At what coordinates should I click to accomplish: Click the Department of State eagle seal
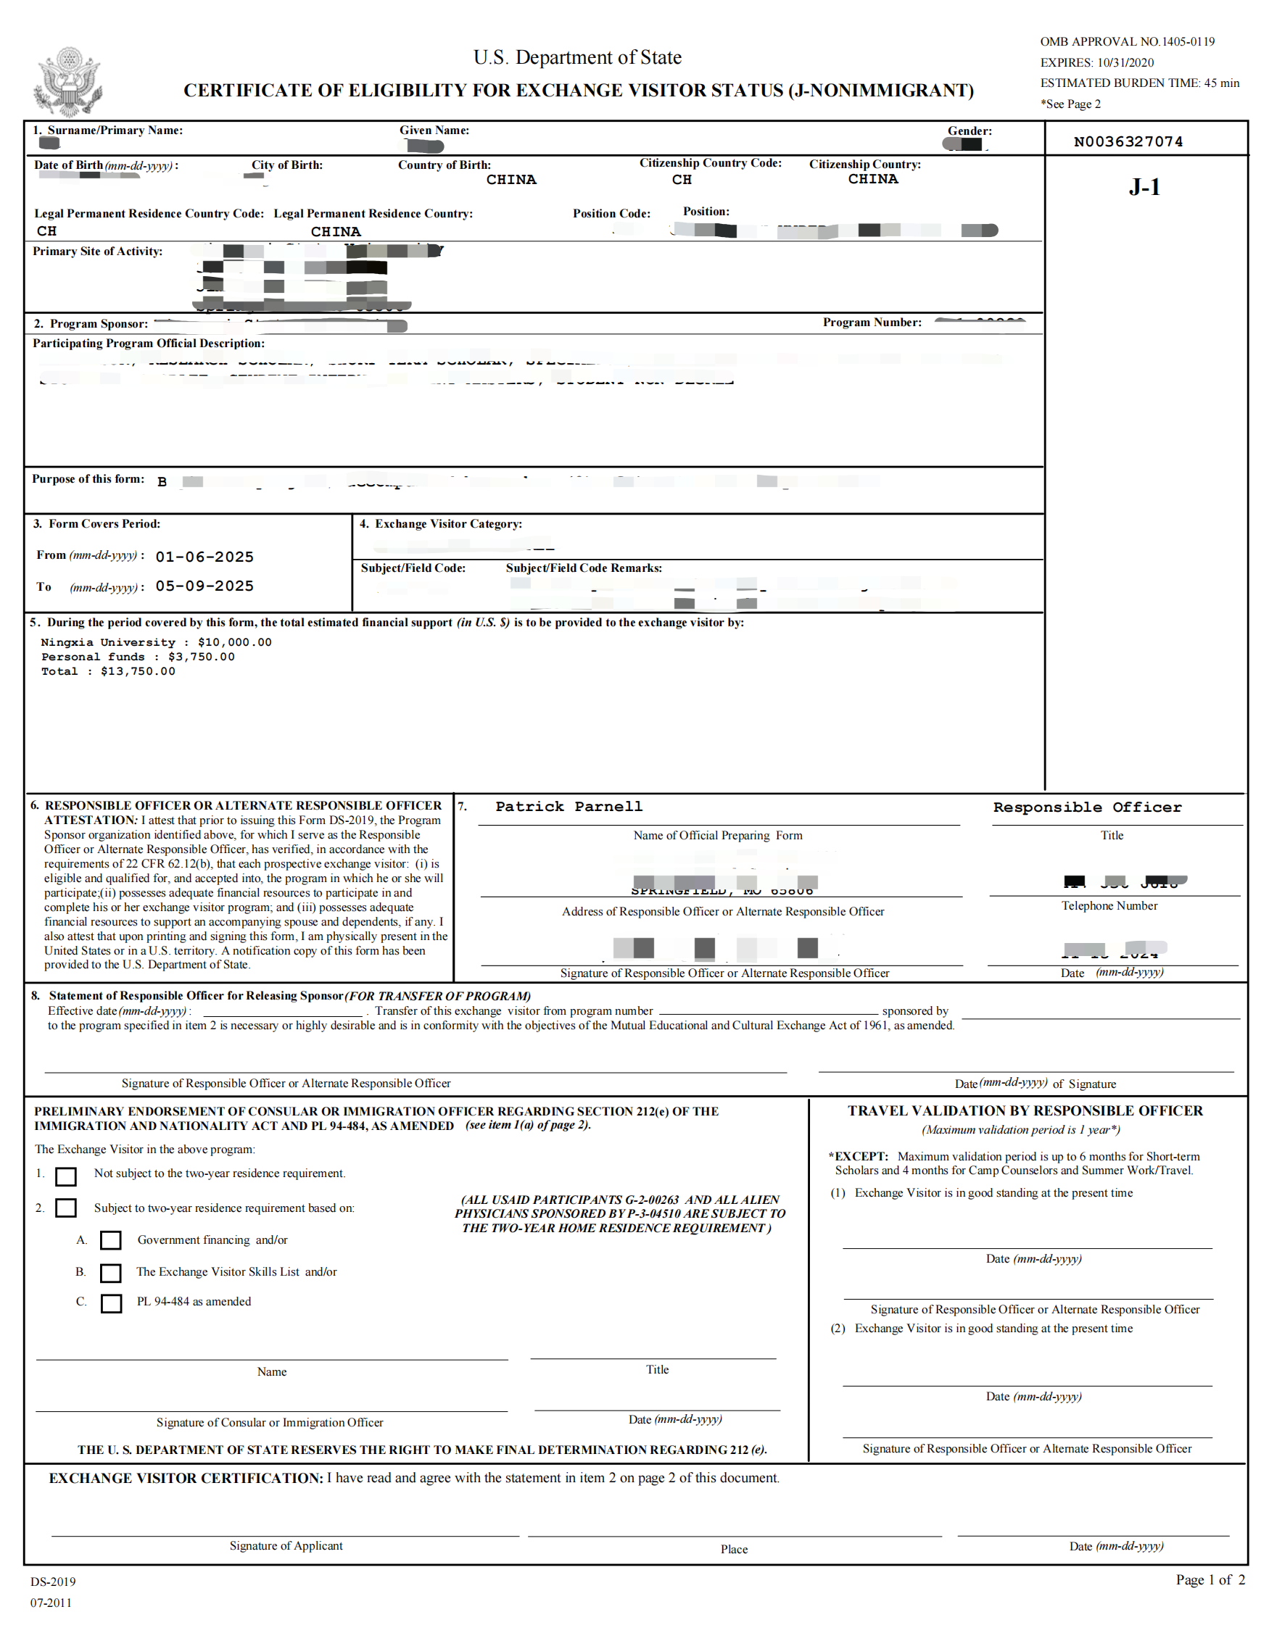67,82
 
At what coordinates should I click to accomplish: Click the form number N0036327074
1128,142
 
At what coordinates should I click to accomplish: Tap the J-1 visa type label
1144,187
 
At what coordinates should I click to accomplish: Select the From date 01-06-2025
204,557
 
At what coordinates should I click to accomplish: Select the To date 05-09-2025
204,586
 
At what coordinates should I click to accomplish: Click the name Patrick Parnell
569,807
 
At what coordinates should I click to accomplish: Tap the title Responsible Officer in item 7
1087,807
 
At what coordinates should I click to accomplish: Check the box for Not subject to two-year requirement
66,1176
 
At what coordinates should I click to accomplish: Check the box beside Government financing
110,1239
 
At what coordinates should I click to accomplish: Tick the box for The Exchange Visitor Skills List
110,1273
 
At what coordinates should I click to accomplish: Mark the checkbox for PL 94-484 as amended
110,1303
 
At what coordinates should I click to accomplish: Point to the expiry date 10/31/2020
1125,63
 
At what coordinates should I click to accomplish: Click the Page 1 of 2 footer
1210,1579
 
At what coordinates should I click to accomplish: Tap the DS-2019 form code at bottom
53,1582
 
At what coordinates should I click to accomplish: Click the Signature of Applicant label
286,1545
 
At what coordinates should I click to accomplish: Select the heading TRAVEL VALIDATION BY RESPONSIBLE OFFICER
1025,1110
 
